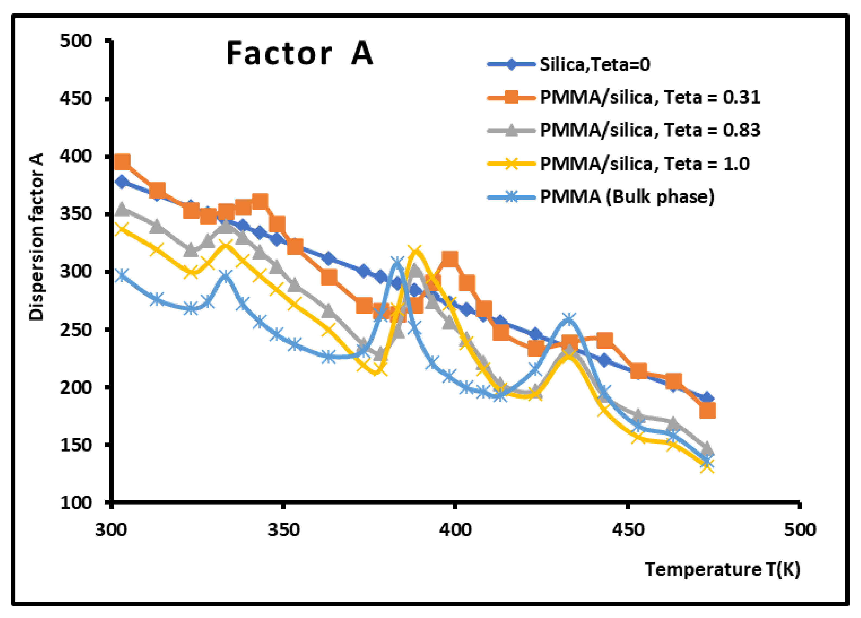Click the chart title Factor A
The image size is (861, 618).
tap(300, 54)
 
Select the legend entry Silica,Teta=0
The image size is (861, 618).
tap(594, 65)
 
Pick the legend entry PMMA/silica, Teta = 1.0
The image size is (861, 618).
tap(644, 164)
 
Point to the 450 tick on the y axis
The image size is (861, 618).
tap(76, 99)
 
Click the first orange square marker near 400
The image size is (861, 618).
tap(122, 162)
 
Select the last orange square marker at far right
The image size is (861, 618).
tap(707, 410)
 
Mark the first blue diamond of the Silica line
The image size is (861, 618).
tap(122, 182)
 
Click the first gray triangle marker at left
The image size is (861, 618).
tap(122, 209)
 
